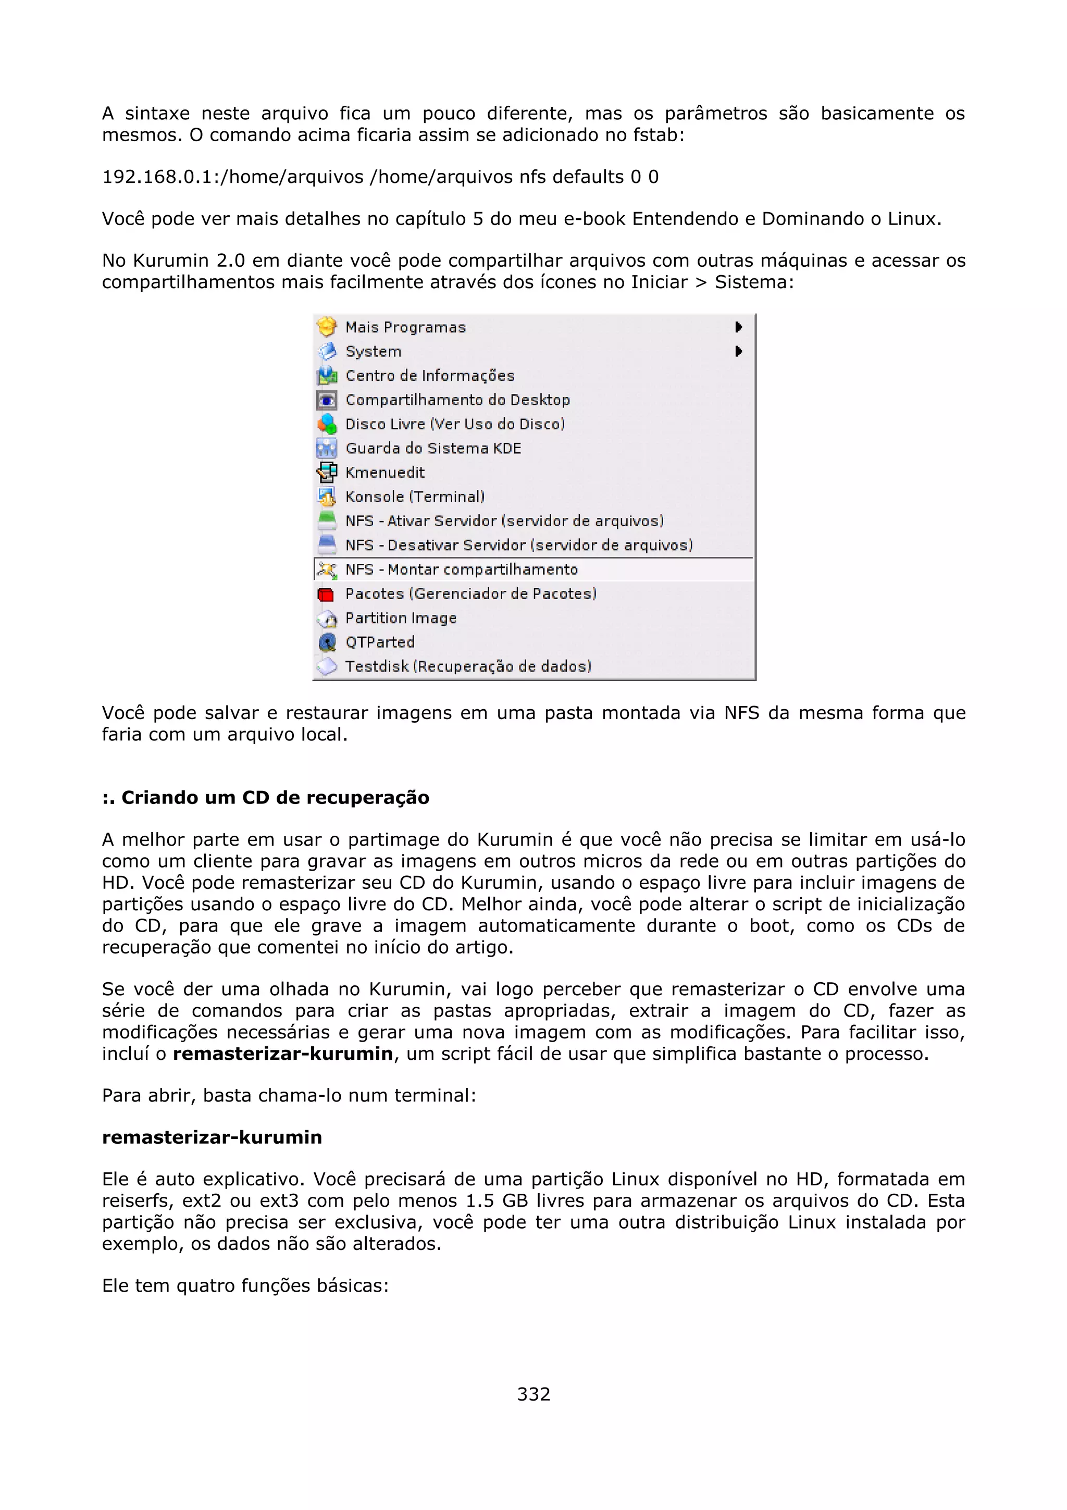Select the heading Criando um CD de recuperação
pyautogui.click(x=266, y=798)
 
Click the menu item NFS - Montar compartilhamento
pyautogui.click(x=461, y=570)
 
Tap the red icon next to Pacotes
pyautogui.click(x=326, y=595)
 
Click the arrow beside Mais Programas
pyautogui.click(x=738, y=327)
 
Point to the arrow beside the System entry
pyautogui.click(x=738, y=351)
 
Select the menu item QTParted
pyautogui.click(x=379, y=642)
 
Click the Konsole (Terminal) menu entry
pyautogui.click(x=414, y=497)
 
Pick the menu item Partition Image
pyautogui.click(x=400, y=618)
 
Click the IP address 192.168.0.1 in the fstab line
pyautogui.click(x=156, y=178)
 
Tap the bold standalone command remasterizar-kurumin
pyautogui.click(x=212, y=1137)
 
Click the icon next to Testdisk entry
pyautogui.click(x=327, y=667)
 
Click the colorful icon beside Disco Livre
pyautogui.click(x=327, y=424)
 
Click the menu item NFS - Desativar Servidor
pyautogui.click(x=519, y=545)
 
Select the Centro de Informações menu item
pyautogui.click(x=429, y=376)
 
